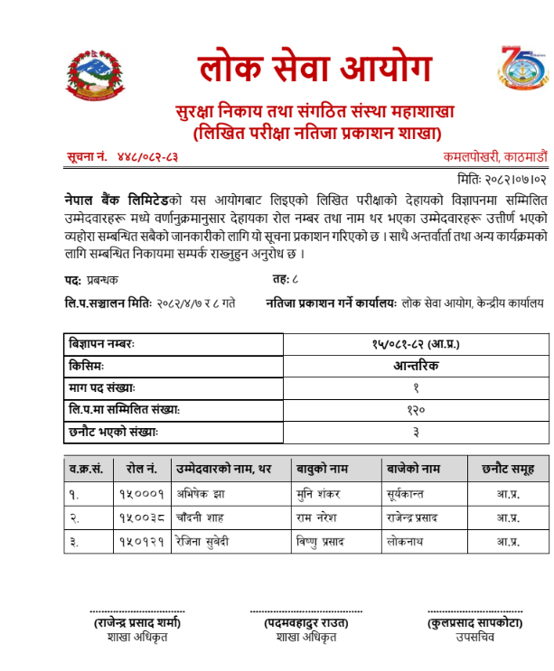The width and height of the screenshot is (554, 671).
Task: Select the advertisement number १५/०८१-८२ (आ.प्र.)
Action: (x=415, y=345)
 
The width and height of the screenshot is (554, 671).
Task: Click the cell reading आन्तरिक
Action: (x=415, y=367)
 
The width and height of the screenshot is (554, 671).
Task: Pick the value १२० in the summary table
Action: (x=415, y=410)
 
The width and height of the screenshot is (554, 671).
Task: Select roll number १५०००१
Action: (x=141, y=494)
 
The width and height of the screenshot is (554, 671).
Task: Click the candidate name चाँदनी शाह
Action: (x=202, y=517)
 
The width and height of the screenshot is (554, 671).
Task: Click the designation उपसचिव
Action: (x=474, y=637)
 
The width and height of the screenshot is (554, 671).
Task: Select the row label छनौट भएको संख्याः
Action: (x=114, y=433)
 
